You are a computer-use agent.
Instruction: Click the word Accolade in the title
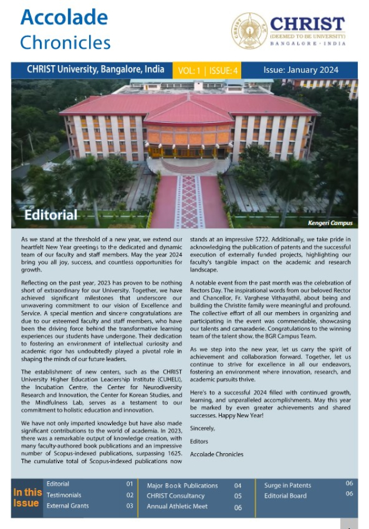64,18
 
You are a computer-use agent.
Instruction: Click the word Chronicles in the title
65,42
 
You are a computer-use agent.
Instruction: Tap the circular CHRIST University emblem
249,31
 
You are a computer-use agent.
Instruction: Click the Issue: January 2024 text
300,70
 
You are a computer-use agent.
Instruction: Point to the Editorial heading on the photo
51,215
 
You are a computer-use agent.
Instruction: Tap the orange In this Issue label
28,497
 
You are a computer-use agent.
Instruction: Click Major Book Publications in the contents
182,486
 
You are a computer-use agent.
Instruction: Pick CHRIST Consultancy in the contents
178,495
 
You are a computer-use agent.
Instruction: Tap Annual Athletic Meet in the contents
177,506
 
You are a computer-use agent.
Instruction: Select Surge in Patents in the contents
287,485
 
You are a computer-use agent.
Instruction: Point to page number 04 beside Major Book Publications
238,486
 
